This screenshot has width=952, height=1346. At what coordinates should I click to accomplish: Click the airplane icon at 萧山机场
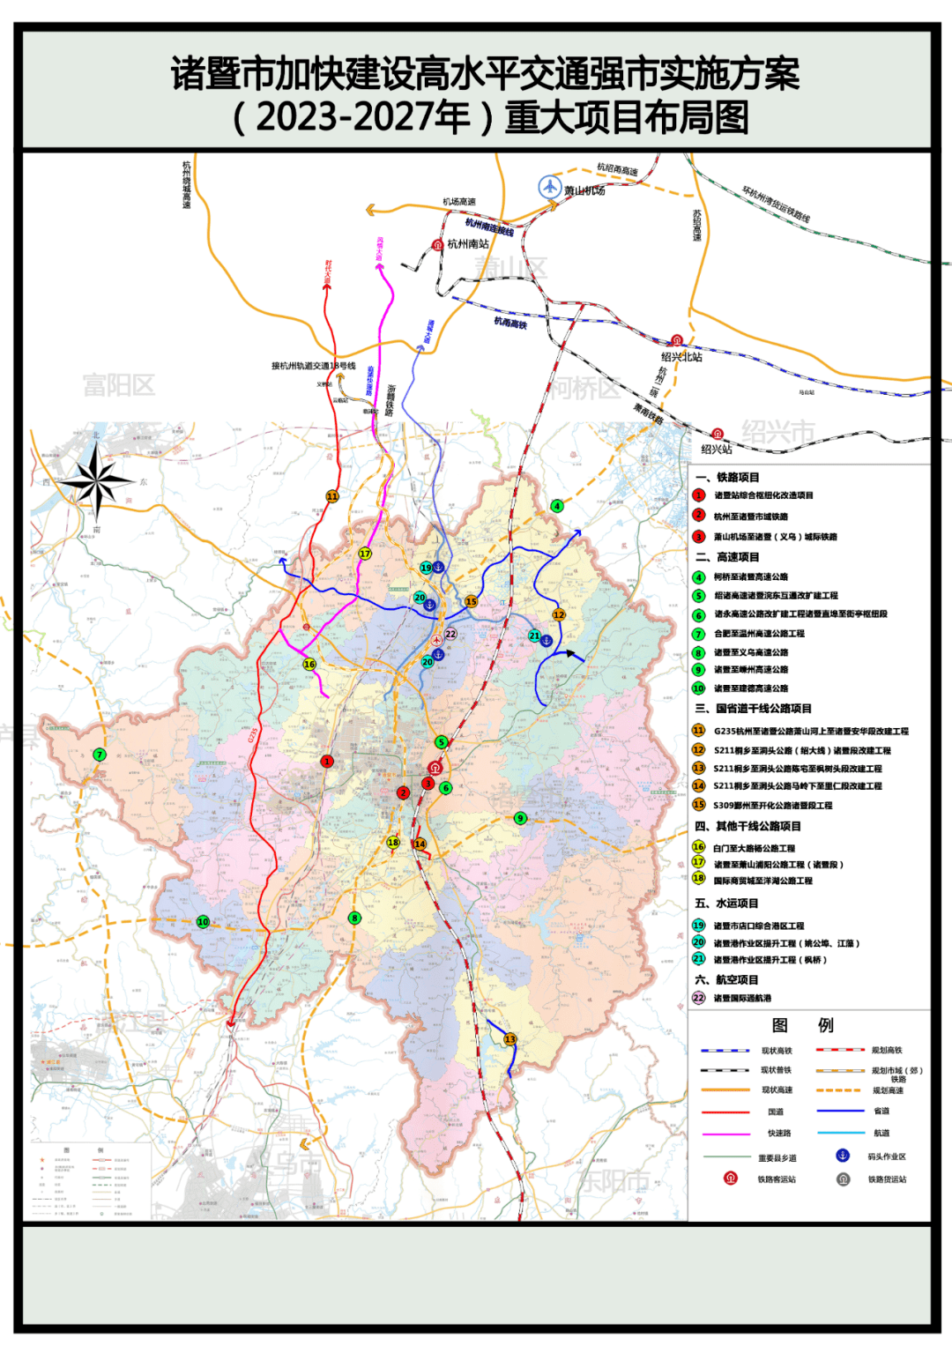pyautogui.click(x=550, y=187)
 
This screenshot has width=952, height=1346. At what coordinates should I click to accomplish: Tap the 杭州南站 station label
pyautogui.click(x=467, y=244)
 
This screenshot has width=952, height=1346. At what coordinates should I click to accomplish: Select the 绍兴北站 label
pyautogui.click(x=681, y=357)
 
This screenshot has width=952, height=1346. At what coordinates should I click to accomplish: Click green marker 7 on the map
pyautogui.click(x=100, y=755)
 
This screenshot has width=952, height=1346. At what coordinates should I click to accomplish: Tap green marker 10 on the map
pyautogui.click(x=203, y=922)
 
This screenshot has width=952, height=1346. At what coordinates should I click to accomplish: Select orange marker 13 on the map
pyautogui.click(x=509, y=1039)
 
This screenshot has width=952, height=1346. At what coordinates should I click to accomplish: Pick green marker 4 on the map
pyautogui.click(x=557, y=506)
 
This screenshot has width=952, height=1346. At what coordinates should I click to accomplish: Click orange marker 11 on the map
pyautogui.click(x=332, y=496)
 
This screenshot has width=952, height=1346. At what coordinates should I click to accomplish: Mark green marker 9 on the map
pyautogui.click(x=520, y=819)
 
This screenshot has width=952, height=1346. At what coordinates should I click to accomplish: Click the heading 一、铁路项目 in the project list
pyautogui.click(x=728, y=477)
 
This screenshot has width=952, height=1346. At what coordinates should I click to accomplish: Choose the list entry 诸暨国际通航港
pyautogui.click(x=742, y=998)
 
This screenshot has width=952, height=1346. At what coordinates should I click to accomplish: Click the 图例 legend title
pyautogui.click(x=802, y=1024)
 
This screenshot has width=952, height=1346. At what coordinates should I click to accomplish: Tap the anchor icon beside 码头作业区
pyautogui.click(x=842, y=1156)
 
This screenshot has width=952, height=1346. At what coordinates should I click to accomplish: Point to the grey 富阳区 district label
pyautogui.click(x=118, y=385)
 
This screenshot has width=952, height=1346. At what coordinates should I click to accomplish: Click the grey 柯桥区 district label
pyautogui.click(x=586, y=387)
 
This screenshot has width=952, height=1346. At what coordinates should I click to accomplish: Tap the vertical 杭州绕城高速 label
pyautogui.click(x=187, y=184)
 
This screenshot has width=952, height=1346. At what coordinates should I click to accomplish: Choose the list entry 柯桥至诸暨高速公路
pyautogui.click(x=750, y=576)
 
